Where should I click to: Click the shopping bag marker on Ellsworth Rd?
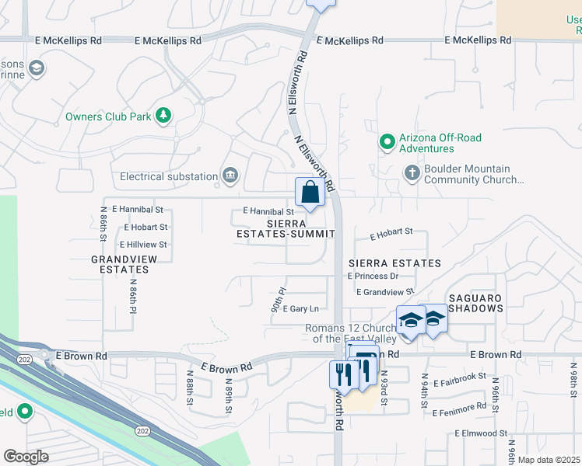310,192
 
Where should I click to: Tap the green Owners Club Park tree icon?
163,116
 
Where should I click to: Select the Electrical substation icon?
230,176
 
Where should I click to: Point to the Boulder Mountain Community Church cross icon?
412,172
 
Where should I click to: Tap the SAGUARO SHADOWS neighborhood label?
475,303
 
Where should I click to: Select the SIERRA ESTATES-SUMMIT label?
286,228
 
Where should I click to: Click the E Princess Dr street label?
373,276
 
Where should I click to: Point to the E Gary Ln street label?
300,308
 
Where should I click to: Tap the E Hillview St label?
144,244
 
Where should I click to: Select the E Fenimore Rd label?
459,412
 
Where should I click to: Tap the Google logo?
26,457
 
